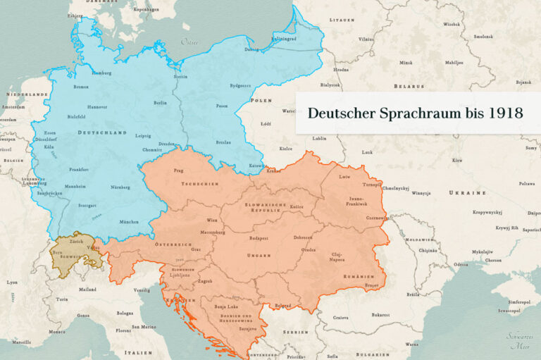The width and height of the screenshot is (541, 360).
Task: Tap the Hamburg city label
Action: coord(102,73)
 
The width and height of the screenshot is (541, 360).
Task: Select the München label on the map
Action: coord(128,221)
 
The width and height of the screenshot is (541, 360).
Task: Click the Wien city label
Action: coord(212,220)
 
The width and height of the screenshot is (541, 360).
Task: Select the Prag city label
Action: coord(178,170)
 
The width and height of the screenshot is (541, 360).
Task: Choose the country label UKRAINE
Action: coord(468,192)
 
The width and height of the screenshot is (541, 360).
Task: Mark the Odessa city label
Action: coord(461,264)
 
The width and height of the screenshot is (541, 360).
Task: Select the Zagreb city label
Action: coord(205,281)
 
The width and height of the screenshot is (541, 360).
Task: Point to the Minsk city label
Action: coord(406,63)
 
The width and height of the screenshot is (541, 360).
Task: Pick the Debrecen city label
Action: coord(304,238)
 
